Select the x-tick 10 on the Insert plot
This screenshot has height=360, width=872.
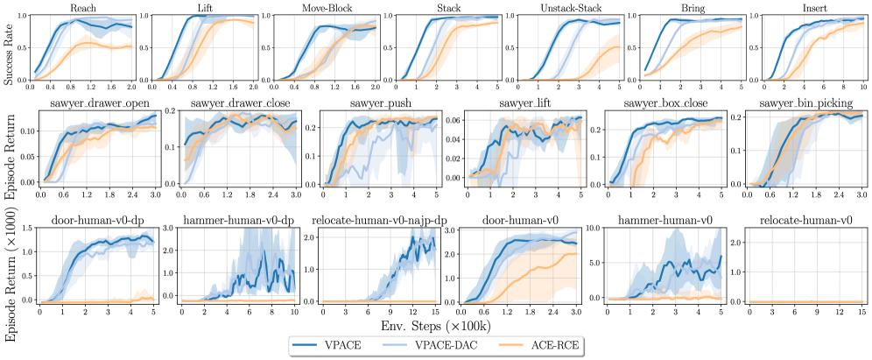(x=862, y=89)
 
